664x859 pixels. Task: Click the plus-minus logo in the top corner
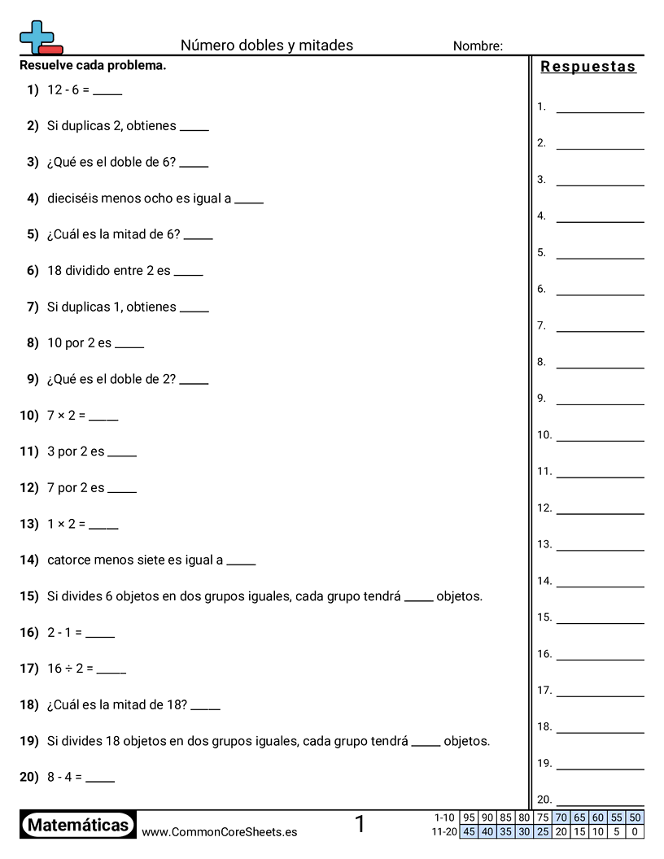pyautogui.click(x=40, y=38)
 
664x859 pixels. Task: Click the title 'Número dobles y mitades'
pyautogui.click(x=267, y=46)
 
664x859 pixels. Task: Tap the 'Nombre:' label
pyautogui.click(x=478, y=46)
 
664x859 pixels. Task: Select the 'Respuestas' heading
pyautogui.click(x=588, y=67)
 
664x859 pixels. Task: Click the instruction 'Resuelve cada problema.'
pyautogui.click(x=93, y=65)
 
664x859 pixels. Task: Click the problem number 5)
pyautogui.click(x=33, y=234)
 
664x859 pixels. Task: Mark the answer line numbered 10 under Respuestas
pyautogui.click(x=600, y=439)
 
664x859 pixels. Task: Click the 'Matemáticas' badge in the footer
pyautogui.click(x=78, y=825)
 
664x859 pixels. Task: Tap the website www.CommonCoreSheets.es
pyautogui.click(x=219, y=832)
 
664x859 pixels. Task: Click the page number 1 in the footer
pyautogui.click(x=360, y=825)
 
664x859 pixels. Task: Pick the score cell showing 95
pyautogui.click(x=469, y=818)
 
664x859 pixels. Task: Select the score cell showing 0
pyautogui.click(x=635, y=831)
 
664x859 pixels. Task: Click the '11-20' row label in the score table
pyautogui.click(x=444, y=831)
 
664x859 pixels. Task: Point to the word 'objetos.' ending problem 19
pyautogui.click(x=466, y=741)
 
